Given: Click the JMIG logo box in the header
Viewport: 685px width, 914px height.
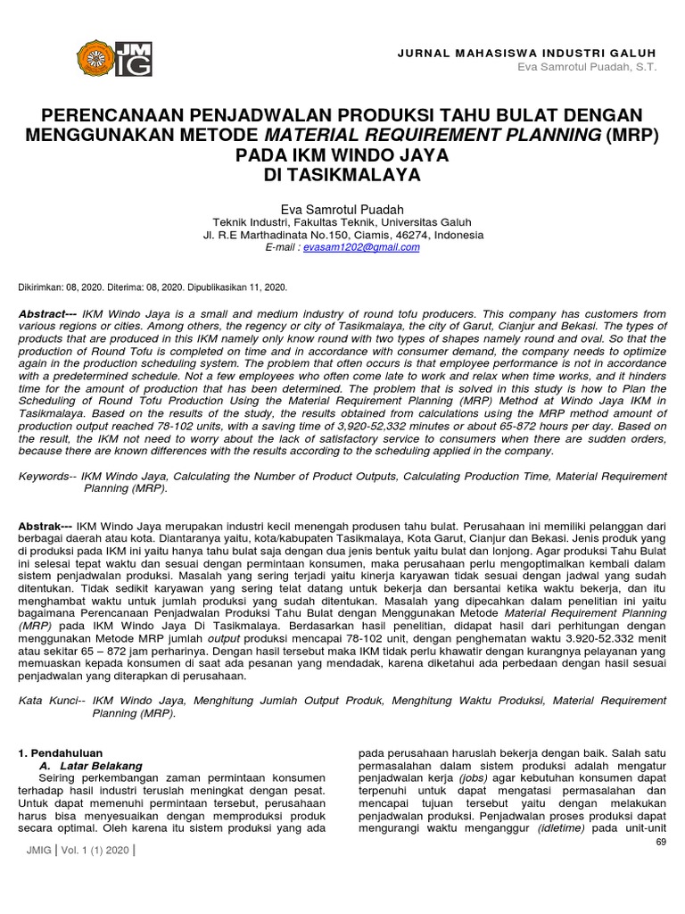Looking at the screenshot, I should click(x=134, y=60).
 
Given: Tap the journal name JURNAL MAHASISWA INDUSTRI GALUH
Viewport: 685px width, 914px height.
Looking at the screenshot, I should click(x=526, y=54).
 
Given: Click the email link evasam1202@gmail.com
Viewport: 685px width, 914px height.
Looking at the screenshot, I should click(x=361, y=247).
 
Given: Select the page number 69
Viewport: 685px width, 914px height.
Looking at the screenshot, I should click(x=661, y=842).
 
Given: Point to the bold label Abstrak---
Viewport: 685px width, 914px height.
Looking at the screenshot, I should click(x=46, y=528).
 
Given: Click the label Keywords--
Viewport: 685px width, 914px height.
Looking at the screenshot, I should click(x=45, y=478).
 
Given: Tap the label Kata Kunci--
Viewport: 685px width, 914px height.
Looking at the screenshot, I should click(x=52, y=702).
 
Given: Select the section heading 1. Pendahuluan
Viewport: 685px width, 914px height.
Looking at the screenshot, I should click(x=61, y=754).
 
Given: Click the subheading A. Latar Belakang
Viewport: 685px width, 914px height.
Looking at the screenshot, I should click(x=90, y=766).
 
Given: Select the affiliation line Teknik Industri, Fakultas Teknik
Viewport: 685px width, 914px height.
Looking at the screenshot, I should click(x=342, y=222).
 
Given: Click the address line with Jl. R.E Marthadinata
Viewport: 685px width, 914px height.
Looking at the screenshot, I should click(x=342, y=235).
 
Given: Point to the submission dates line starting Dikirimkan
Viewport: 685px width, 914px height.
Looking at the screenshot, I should click(x=153, y=287).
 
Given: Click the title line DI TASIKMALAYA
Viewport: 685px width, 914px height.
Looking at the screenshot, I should click(x=342, y=176).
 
